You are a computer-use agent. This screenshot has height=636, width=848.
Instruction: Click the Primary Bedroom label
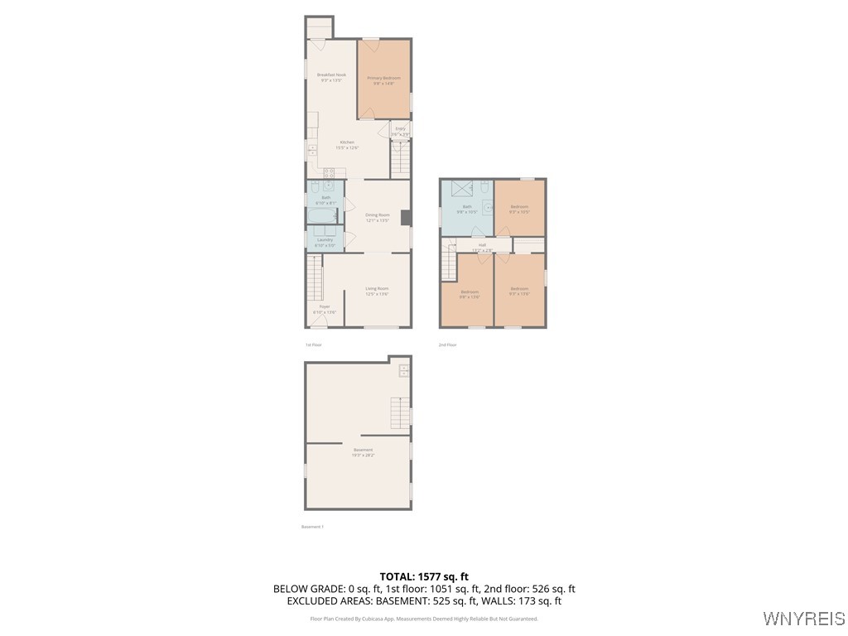click(x=383, y=80)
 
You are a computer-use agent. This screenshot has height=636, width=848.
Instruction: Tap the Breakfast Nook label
click(x=331, y=77)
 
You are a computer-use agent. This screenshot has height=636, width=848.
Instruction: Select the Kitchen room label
click(x=347, y=144)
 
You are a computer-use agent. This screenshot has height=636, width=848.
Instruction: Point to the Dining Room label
click(x=377, y=217)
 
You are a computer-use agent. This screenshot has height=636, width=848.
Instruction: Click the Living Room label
click(x=377, y=291)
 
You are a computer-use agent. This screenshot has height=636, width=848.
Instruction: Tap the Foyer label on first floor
click(x=325, y=309)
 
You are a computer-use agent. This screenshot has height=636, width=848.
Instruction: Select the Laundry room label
click(x=325, y=242)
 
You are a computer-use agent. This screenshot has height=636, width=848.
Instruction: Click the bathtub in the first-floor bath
click(x=324, y=217)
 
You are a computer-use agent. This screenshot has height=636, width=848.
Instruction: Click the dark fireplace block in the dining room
click(x=405, y=218)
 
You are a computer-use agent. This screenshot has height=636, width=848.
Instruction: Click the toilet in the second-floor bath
click(x=489, y=209)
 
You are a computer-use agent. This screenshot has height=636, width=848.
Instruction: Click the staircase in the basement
click(x=400, y=412)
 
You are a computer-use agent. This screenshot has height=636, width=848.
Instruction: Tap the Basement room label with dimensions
click(x=364, y=452)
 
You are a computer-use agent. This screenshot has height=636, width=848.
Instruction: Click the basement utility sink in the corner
click(x=403, y=370)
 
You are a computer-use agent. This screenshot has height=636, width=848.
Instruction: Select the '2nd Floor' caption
click(x=447, y=344)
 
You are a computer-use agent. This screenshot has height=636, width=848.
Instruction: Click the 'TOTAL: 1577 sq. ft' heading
click(x=424, y=576)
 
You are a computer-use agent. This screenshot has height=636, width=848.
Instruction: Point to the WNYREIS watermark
click(x=803, y=619)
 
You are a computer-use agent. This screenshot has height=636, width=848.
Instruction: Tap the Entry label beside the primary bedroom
click(x=400, y=131)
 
